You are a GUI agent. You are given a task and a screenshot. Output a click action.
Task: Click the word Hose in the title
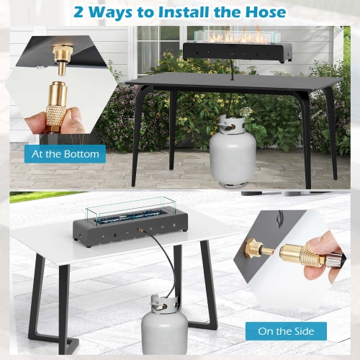coord(266,12)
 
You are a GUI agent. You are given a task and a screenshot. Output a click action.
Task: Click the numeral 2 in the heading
coord(78,12)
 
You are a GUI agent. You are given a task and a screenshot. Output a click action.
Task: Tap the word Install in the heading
coord(184,12)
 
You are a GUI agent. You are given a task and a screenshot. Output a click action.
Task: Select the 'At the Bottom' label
coord(65,154)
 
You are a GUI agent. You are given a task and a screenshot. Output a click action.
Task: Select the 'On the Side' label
coord(286,331)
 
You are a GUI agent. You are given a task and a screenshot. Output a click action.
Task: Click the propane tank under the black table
coord(232,150)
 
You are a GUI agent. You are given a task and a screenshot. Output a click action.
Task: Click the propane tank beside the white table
coord(165,325)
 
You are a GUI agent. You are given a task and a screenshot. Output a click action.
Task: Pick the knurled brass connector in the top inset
coord(56,107)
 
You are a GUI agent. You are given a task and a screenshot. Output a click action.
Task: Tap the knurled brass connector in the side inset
coord(302,254)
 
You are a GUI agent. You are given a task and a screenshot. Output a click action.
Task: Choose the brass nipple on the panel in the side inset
coord(259,248)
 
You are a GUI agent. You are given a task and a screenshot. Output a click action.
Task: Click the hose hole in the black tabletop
coord(232,78)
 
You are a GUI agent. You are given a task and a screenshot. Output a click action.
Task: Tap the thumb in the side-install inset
coord(323,241)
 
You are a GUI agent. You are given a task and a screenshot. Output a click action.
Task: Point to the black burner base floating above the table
coord(238,53)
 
